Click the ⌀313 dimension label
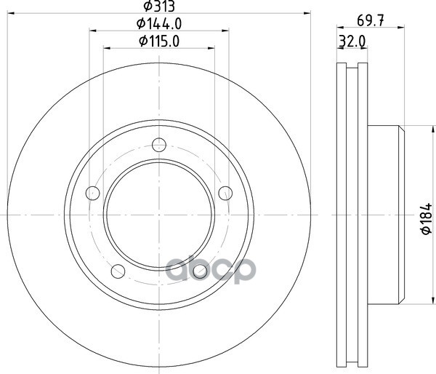click(x=159, y=7)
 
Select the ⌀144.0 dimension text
click(x=159, y=24)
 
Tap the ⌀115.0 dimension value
click(x=159, y=41)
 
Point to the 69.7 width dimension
click(x=371, y=20)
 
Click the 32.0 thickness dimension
click(x=352, y=41)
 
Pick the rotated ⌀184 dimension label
click(x=427, y=218)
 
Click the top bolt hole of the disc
click(x=159, y=145)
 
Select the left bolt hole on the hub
click(x=92, y=193)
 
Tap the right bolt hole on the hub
click(x=225, y=193)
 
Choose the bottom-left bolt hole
click(x=118, y=271)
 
